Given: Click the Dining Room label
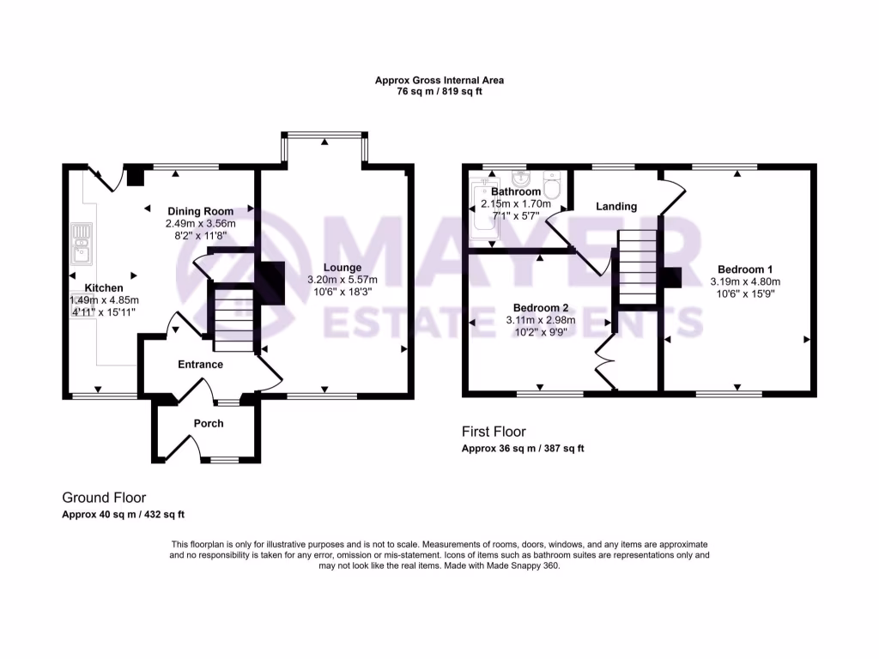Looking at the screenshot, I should [200, 211].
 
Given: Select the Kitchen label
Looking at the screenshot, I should [103, 287].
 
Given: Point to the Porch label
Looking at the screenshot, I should [209, 423].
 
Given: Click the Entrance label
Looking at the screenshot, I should [200, 365].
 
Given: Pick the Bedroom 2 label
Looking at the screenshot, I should [541, 307].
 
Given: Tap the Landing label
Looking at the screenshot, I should [616, 206].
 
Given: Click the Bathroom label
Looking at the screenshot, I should [516, 191].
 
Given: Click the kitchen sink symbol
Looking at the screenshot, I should [82, 243].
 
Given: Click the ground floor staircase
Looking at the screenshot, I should [231, 318].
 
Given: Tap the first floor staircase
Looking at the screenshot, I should [634, 267].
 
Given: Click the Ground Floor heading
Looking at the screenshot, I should [104, 498].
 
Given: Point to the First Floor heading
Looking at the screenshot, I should [494, 432].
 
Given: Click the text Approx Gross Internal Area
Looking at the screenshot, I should [439, 80].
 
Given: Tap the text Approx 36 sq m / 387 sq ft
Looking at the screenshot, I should [523, 449].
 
